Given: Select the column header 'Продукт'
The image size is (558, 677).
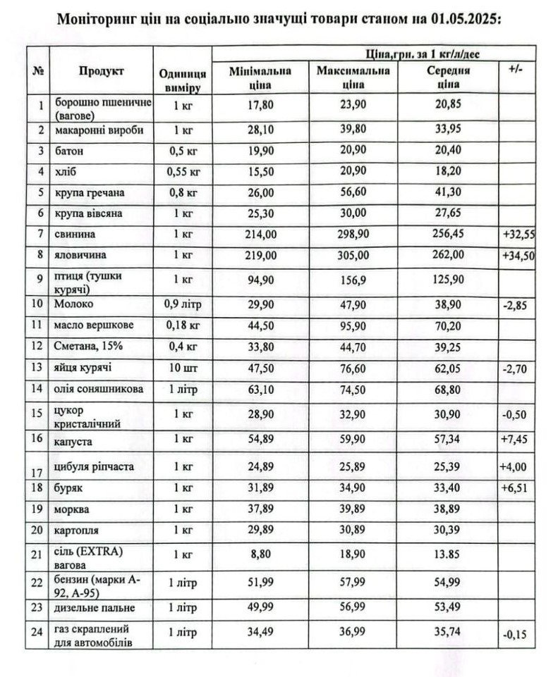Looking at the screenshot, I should pos(101,72).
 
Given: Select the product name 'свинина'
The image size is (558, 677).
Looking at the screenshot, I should pos(72,233).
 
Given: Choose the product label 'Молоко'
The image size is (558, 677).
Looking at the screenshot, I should pos(70,304).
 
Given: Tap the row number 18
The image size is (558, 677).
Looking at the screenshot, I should pos(38,487).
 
